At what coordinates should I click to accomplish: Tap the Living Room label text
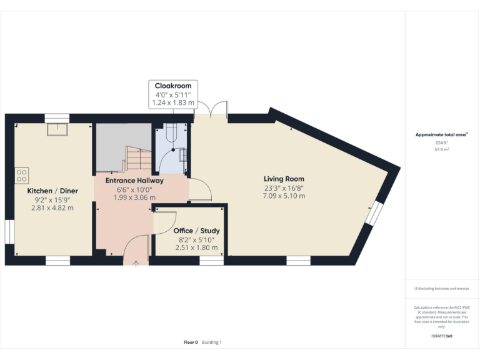coord(284,179)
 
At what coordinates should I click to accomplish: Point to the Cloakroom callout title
coord(172,86)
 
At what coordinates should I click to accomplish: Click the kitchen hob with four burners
coord(21,173)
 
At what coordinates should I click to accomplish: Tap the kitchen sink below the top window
coord(61,129)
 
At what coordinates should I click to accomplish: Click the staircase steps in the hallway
coord(139,159)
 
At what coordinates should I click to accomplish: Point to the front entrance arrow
coord(136,263)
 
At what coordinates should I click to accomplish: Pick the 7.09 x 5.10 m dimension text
coord(284,196)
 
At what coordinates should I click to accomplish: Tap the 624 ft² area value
coord(442,142)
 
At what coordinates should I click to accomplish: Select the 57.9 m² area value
coord(442,150)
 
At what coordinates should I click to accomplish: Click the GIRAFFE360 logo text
coord(442,336)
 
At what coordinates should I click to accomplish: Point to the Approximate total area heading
coord(441,134)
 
